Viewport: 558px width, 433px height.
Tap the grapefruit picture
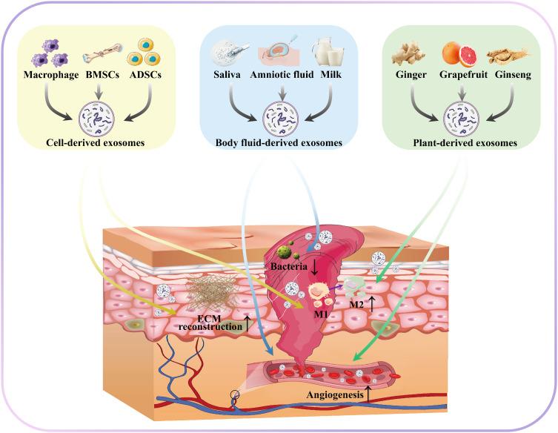tap(453, 53)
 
